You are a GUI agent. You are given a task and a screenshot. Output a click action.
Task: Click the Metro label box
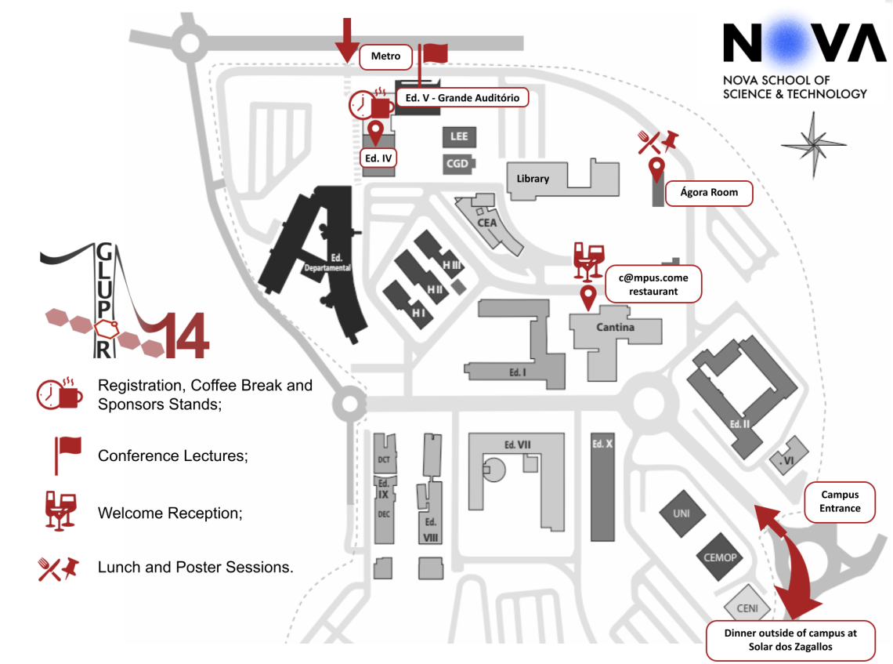coord(385,56)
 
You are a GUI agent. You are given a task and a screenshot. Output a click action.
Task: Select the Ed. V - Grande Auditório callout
coord(462,98)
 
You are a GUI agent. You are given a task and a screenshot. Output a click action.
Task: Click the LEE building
coord(459,136)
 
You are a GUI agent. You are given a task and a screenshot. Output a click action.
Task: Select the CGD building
coord(457,164)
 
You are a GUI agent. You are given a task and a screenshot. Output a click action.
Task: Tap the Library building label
coord(533,179)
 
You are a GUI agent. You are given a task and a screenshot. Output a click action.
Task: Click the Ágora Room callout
coord(709,193)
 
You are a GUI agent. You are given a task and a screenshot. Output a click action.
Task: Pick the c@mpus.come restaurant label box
coord(653,284)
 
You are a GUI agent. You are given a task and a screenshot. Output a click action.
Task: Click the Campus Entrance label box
coord(840,502)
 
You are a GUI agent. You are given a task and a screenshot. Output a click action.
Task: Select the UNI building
coord(680,514)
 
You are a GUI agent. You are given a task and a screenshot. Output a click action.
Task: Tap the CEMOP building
coord(719,558)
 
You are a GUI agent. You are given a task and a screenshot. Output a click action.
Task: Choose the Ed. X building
coord(602,486)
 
